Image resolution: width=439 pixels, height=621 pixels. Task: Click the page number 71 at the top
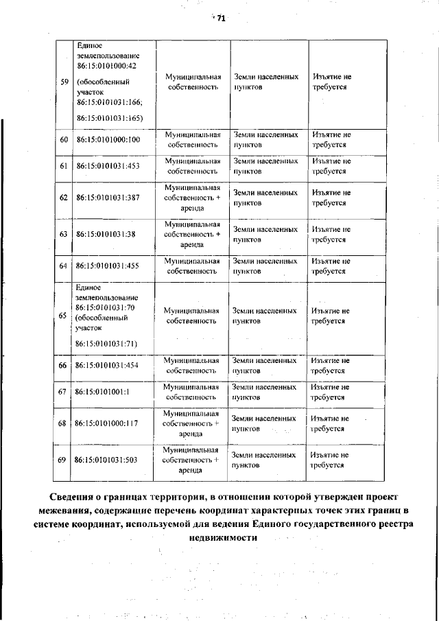tap(221, 19)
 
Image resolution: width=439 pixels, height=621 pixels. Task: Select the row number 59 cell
tap(64, 82)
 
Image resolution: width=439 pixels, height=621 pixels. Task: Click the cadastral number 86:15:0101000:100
tap(108, 140)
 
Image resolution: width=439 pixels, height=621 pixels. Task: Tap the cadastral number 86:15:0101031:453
tap(108, 166)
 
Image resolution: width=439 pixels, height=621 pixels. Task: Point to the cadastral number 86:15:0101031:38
tap(106, 234)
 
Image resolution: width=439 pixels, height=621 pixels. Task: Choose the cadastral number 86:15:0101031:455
tap(108, 266)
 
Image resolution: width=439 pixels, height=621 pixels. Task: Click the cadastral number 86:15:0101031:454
tap(108, 365)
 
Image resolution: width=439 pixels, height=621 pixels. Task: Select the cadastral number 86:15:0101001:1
tap(103, 392)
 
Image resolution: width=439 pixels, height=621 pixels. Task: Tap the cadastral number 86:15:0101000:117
tap(108, 423)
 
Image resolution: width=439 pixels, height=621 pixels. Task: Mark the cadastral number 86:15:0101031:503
tap(108, 460)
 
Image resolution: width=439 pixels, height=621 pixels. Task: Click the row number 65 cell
tap(63, 316)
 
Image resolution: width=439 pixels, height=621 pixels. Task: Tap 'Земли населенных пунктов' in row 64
tap(265, 266)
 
